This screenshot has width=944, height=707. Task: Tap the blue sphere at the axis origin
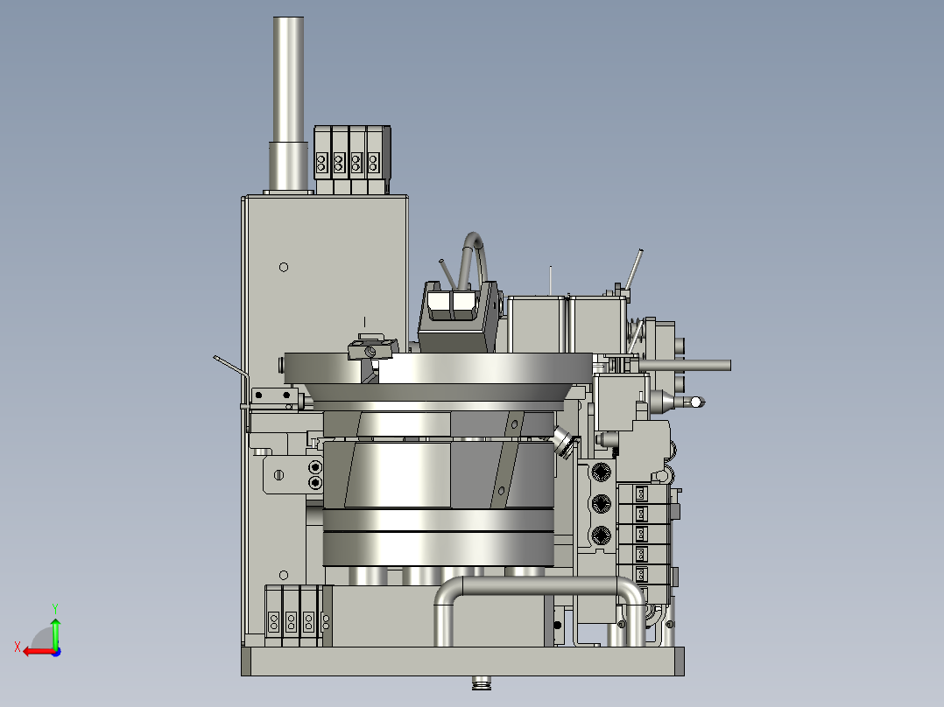[x=56, y=652]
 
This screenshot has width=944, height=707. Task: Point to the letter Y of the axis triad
[x=55, y=608]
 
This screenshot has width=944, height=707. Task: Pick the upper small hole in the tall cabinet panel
[x=284, y=267]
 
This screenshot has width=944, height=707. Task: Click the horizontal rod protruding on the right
[x=685, y=365]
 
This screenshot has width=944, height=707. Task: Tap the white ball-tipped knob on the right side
[x=696, y=402]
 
